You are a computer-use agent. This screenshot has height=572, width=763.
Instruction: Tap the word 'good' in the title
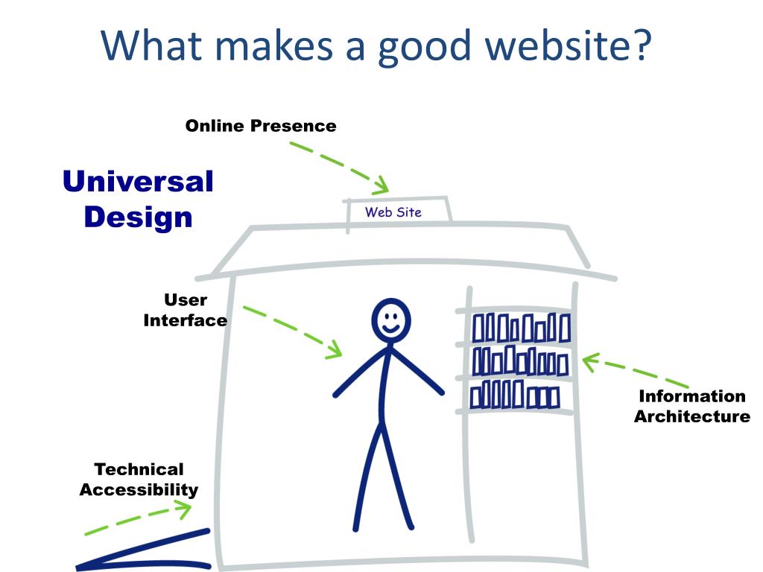coord(425,46)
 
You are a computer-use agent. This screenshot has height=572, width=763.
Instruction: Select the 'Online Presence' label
coord(261,126)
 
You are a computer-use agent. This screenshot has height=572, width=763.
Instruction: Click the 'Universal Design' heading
coord(138,199)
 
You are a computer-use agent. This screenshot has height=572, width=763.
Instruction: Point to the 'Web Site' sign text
coord(393,212)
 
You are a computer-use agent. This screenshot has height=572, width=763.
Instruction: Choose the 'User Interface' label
coord(186,310)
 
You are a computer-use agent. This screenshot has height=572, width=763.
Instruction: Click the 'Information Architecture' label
coord(691,406)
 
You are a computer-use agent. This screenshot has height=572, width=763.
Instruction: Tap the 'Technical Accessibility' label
coord(139,479)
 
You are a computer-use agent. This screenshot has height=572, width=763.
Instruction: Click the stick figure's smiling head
coord(390,320)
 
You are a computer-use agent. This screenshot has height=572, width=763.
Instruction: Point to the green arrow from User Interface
coord(292,331)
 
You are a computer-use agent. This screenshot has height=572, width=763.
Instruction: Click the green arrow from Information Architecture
coord(633,372)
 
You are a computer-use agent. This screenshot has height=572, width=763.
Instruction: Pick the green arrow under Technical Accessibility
coord(138,518)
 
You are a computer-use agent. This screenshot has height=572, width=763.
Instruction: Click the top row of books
coord(521,328)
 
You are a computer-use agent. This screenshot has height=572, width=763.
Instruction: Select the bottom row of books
coord(514,394)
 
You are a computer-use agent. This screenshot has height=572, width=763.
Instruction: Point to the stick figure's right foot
coord(356,527)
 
